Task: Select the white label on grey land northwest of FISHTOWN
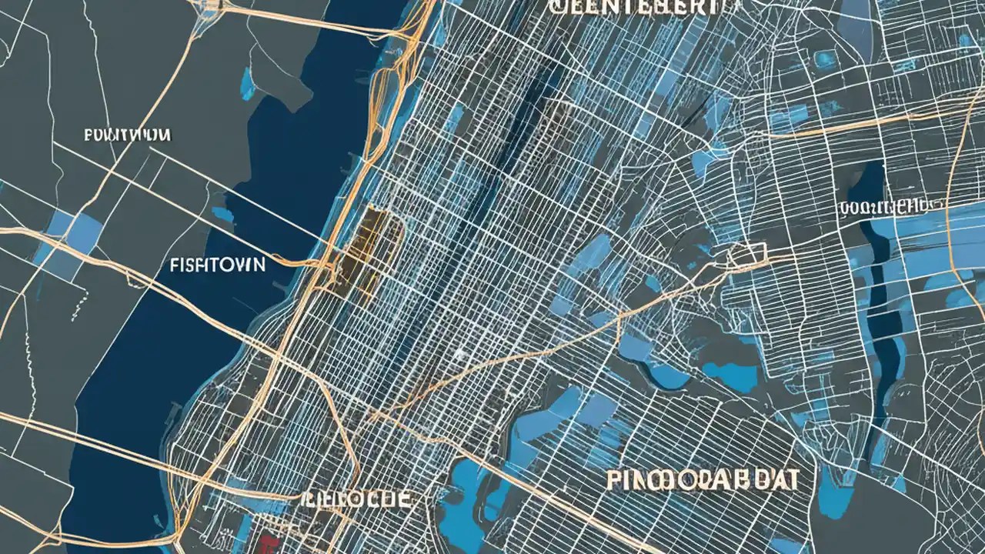pyautogui.click(x=126, y=135)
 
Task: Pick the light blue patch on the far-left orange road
pyautogui.click(x=73, y=231)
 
